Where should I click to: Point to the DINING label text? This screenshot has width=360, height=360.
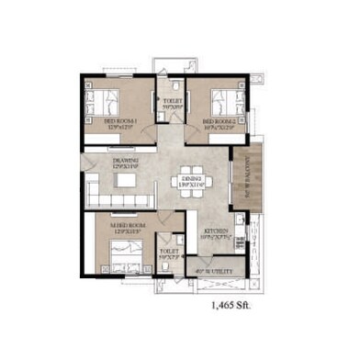tap(192, 180)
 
